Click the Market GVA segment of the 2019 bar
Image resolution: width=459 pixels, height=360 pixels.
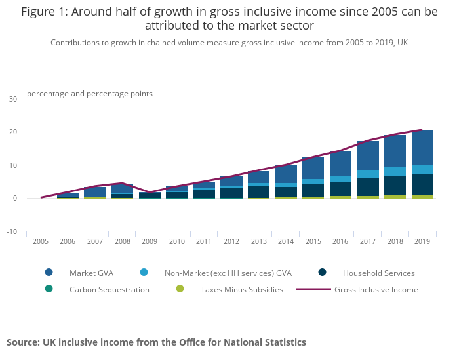[x=422, y=148]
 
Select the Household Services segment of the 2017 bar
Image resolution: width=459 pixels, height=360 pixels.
[x=367, y=187]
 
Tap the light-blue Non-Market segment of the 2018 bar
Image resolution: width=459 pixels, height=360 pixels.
[x=395, y=171]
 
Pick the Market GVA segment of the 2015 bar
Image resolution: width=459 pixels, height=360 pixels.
[x=313, y=168]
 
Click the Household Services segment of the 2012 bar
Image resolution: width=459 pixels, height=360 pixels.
[x=231, y=193]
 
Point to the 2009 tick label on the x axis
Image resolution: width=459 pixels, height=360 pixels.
[x=150, y=241]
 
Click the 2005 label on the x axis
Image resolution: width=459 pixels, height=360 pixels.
[x=41, y=241]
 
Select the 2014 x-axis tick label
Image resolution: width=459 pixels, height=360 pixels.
[x=285, y=241]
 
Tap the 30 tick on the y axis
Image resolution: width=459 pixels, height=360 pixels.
[x=13, y=99]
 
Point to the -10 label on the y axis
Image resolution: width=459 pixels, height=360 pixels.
[x=12, y=231]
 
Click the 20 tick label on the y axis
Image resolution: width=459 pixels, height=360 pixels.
[x=13, y=132]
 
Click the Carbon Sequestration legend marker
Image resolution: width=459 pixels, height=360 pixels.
[x=49, y=289]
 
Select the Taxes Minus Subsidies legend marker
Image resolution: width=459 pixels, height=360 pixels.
[x=180, y=289]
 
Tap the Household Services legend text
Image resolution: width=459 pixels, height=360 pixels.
[x=378, y=273]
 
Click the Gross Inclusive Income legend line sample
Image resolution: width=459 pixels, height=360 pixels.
[x=313, y=289]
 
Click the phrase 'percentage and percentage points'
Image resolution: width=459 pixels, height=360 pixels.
[x=90, y=94]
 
